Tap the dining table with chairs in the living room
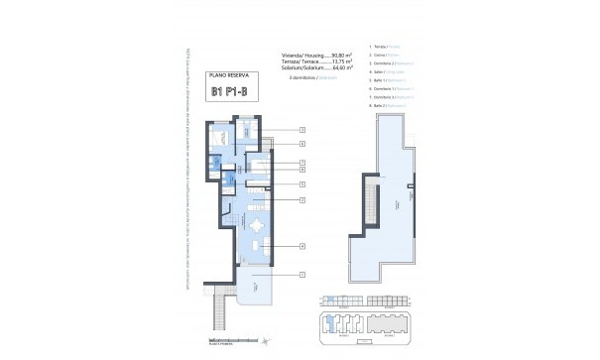[x=257, y=225]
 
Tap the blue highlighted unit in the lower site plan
[x=329, y=319]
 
